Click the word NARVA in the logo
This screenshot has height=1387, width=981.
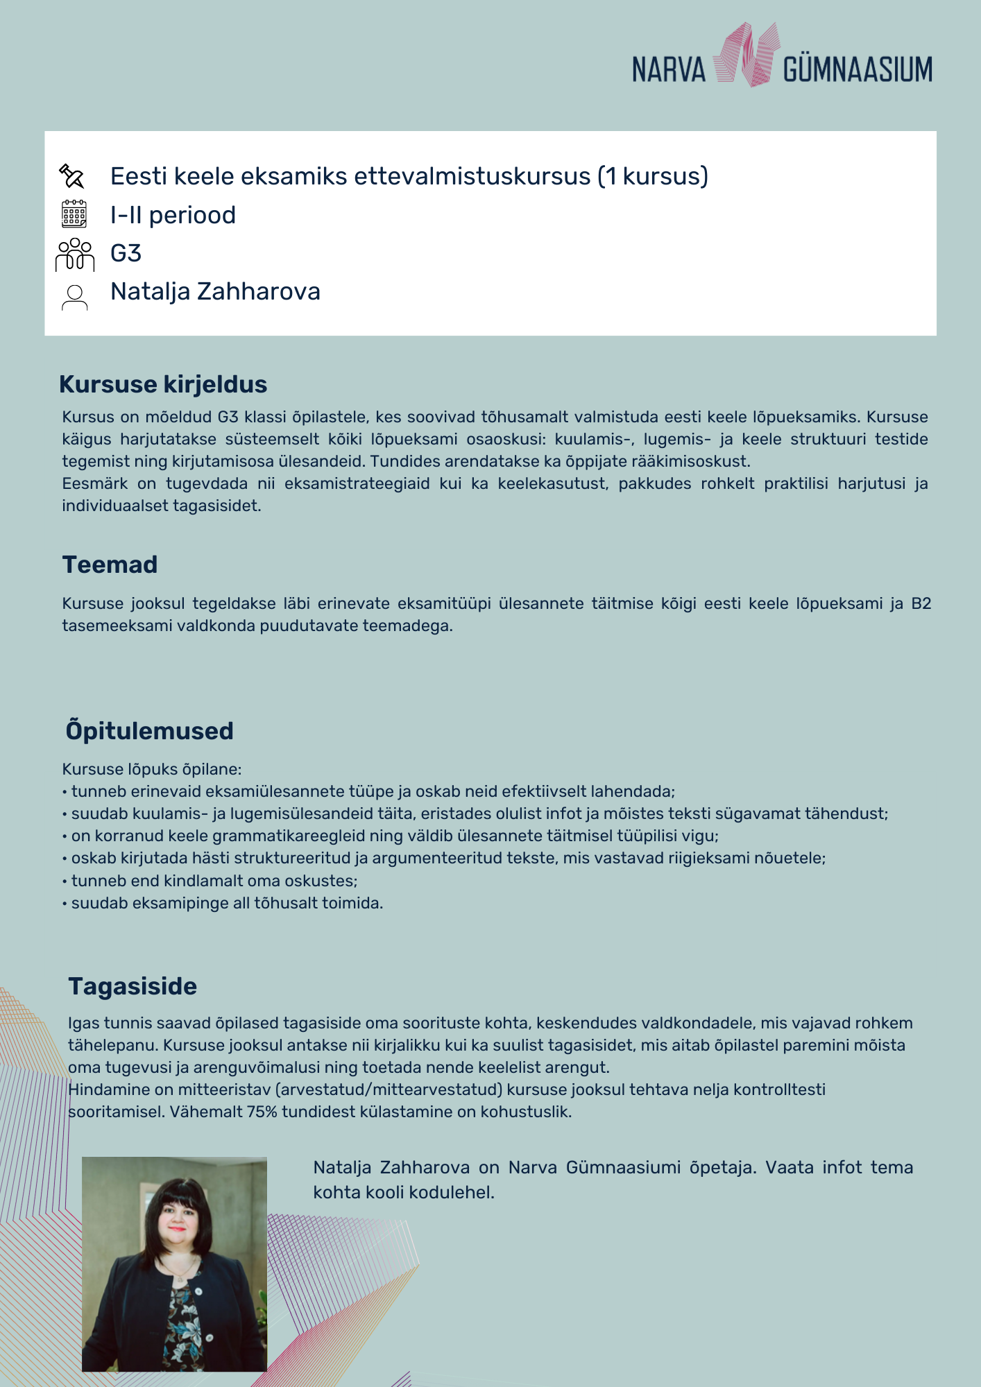click(x=668, y=70)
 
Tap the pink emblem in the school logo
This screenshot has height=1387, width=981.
click(x=746, y=55)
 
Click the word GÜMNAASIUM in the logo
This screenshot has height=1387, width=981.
click(x=858, y=70)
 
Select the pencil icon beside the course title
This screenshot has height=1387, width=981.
click(x=72, y=176)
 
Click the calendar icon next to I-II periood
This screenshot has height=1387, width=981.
click(x=74, y=214)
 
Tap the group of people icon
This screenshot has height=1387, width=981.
click(x=74, y=254)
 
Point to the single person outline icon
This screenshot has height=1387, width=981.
click(x=74, y=297)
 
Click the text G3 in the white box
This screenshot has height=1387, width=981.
click(x=126, y=254)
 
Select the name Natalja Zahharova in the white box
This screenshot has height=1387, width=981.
click(x=215, y=292)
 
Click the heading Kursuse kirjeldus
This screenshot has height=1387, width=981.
click(x=163, y=384)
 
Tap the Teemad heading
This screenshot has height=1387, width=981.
click(x=110, y=565)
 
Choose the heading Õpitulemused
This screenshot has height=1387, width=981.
click(x=149, y=731)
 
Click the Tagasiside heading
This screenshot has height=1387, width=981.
click(x=133, y=986)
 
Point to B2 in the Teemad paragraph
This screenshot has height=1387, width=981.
click(x=921, y=603)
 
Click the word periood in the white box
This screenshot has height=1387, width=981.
click(x=192, y=216)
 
